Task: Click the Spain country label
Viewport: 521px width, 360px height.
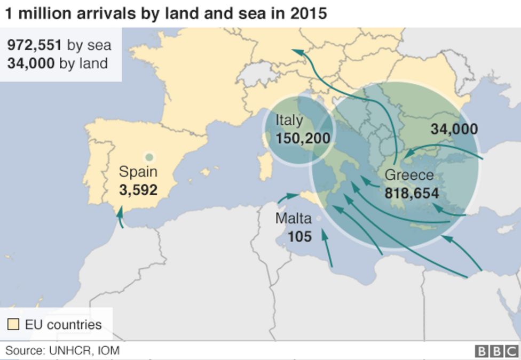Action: [x=138, y=172]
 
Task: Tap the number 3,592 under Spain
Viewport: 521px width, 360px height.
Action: [x=138, y=190]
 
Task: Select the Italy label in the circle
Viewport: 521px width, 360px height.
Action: [x=289, y=120]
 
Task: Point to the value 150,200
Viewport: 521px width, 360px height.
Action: [x=303, y=139]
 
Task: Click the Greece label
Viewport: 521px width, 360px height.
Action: [x=409, y=175]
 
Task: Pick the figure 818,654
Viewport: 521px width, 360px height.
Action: [x=412, y=193]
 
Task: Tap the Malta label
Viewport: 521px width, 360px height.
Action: [x=293, y=218]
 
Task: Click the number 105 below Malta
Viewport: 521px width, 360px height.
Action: [x=299, y=236]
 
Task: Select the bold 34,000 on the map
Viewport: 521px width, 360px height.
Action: [x=454, y=129]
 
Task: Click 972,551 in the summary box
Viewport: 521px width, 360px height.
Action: [x=35, y=45]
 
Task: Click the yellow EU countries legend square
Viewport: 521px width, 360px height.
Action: [x=13, y=324]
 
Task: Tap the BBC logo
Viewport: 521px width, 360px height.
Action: [x=496, y=351]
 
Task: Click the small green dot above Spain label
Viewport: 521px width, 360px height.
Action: [x=149, y=157]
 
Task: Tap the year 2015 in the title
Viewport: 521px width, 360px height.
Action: [x=309, y=13]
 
